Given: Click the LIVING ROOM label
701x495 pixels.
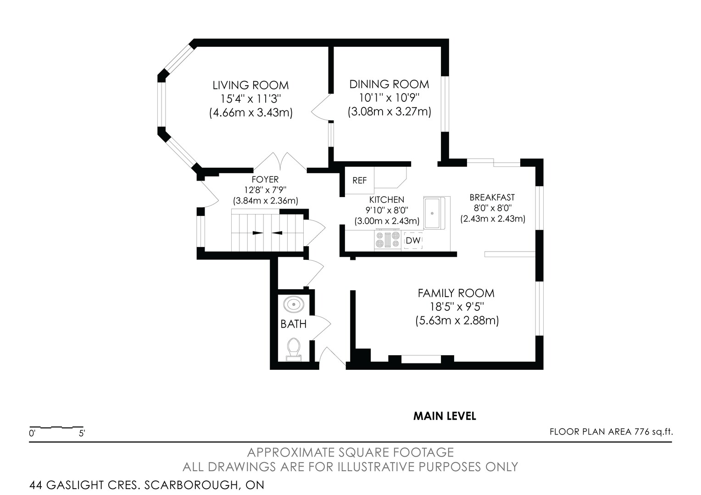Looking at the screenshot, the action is (x=250, y=85).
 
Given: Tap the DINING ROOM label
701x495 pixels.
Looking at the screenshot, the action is (x=389, y=84).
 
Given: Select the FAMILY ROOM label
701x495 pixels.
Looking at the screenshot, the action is (x=456, y=293).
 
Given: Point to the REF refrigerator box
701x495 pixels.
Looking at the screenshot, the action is (x=359, y=181).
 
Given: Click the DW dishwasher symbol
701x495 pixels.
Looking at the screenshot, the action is (x=413, y=241).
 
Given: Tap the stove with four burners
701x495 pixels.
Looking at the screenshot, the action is (x=388, y=240).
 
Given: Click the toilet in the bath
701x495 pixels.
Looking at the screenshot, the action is (x=294, y=349).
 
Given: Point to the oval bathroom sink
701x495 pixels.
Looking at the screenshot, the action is (x=294, y=304).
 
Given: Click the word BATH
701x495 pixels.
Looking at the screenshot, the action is (x=293, y=324).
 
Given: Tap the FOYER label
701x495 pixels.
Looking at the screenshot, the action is (x=265, y=180).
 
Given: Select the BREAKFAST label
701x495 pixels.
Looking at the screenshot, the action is (x=492, y=197).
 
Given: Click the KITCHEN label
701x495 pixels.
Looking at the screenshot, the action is (x=387, y=199).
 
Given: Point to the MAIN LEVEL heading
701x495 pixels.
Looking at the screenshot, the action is (x=445, y=416).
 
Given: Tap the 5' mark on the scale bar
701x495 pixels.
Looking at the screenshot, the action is (x=82, y=434).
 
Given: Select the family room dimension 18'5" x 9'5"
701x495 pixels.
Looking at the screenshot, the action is (x=457, y=307).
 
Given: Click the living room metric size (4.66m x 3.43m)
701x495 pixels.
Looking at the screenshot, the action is (x=250, y=112).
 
